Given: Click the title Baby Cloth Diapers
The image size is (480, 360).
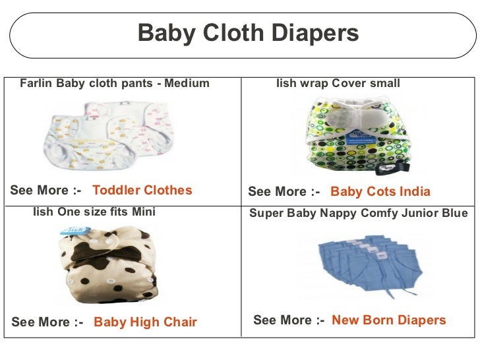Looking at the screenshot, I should coord(248,33).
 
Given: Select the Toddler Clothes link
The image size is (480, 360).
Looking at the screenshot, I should coord(142,191).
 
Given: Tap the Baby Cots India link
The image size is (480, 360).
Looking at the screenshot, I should coord(380,192).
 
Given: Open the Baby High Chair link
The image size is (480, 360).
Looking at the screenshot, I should coord(146,322).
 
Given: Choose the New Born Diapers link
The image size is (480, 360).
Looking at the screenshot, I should coord(389,320).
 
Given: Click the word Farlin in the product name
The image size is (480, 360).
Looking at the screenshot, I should coord(36,84).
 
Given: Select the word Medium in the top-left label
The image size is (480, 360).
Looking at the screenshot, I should coord(187,84).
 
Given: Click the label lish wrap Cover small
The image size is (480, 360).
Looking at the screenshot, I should coord(338,84).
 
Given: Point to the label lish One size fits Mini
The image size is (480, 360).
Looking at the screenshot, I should coord(94,212).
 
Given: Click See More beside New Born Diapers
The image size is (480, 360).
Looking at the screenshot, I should coord(289,320).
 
